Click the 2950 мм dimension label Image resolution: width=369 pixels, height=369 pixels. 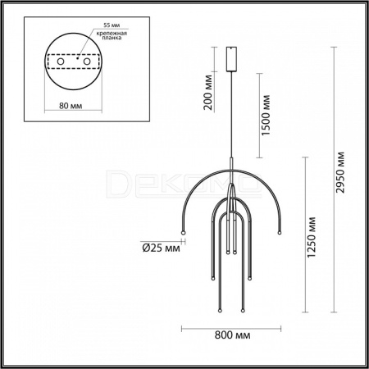tap(340, 172)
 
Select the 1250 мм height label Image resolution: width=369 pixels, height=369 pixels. tap(312, 237)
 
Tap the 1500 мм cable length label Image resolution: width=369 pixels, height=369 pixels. tap(266, 115)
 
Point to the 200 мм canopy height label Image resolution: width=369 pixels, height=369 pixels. tap(207, 92)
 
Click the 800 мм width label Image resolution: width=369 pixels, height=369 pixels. tap(232, 335)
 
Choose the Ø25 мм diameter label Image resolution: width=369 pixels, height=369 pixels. tap(162, 248)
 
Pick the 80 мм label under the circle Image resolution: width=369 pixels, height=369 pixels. tap(71, 106)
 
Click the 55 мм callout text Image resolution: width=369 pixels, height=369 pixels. tap(112, 25)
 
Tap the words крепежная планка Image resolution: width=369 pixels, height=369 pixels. tap(112, 35)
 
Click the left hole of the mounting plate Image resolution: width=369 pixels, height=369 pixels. tap(61, 61)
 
